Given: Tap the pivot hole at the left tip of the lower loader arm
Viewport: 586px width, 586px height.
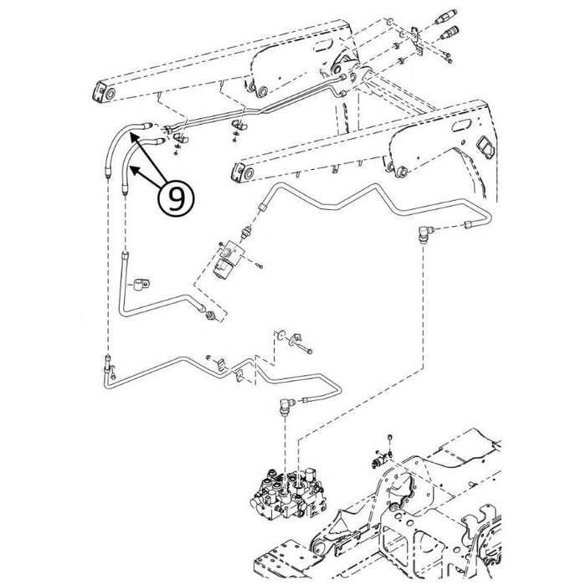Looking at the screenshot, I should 238,174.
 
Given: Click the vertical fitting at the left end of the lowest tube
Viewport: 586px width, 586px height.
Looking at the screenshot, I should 110,364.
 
